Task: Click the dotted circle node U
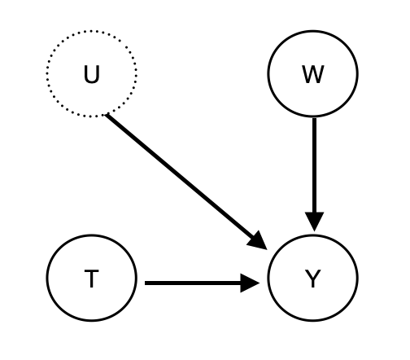pos(91,74)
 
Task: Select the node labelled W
pos(312,74)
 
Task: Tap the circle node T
pos(91,279)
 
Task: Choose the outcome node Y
pos(312,279)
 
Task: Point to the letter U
pos(91,75)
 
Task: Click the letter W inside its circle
pos(312,75)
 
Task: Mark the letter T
pos(91,279)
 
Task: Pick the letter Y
pos(312,279)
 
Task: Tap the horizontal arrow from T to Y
pos(195,283)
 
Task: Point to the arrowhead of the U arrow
pos(259,239)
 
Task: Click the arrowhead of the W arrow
pos(314,221)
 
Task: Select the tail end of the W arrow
pos(314,121)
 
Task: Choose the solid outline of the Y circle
pos(357,279)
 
